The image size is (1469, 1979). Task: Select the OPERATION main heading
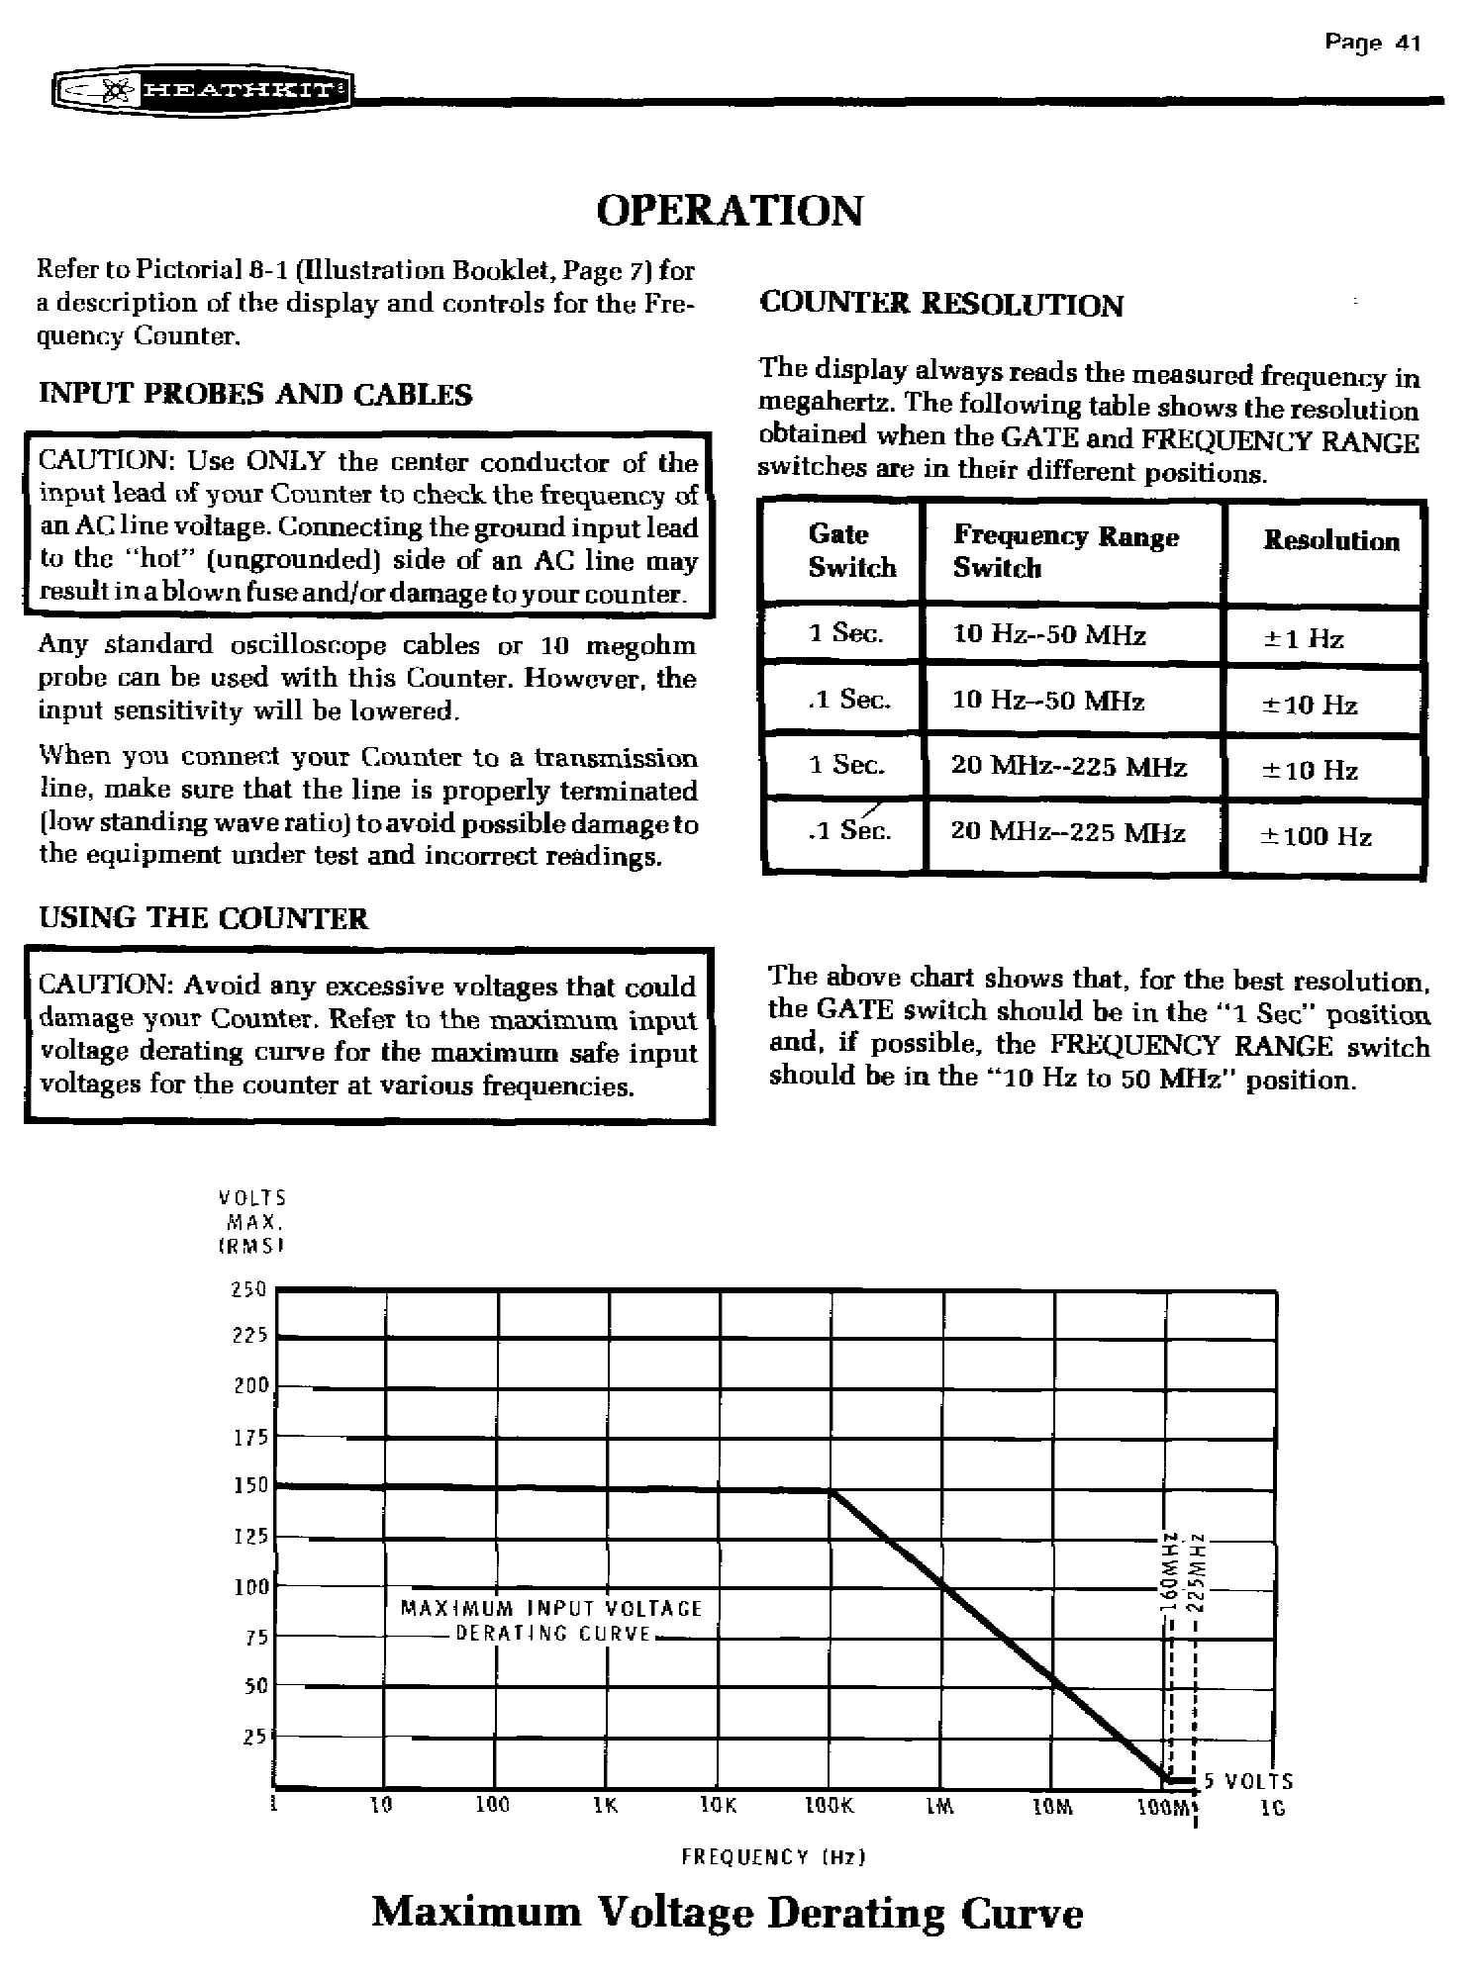point(730,211)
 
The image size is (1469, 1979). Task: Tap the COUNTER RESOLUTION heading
point(940,305)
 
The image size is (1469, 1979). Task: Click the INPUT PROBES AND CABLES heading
point(255,395)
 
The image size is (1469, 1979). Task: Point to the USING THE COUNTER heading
point(203,918)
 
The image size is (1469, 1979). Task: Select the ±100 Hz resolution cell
point(1316,837)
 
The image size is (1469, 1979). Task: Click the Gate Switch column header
point(850,551)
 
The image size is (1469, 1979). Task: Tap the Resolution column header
point(1331,541)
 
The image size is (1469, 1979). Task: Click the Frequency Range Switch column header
point(1065,552)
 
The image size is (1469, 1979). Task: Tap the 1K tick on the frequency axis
point(606,1806)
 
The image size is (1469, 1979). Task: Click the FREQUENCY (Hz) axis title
point(773,1857)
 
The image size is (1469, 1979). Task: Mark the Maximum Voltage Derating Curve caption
point(728,1914)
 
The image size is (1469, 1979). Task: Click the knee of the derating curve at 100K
point(830,1491)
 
